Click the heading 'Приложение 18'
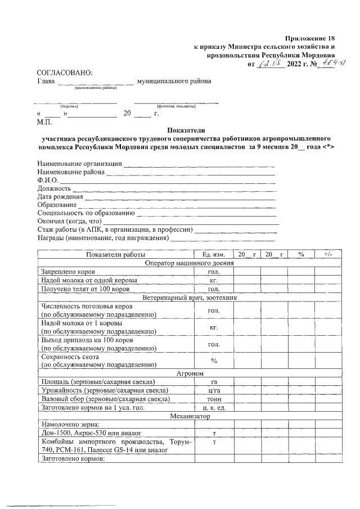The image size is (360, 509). click(x=310, y=37)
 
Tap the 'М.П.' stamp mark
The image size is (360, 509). click(x=44, y=121)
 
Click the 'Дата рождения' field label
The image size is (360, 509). click(x=60, y=197)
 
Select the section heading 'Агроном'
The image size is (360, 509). click(x=186, y=373)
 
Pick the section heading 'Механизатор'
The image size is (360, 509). click(x=186, y=416)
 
